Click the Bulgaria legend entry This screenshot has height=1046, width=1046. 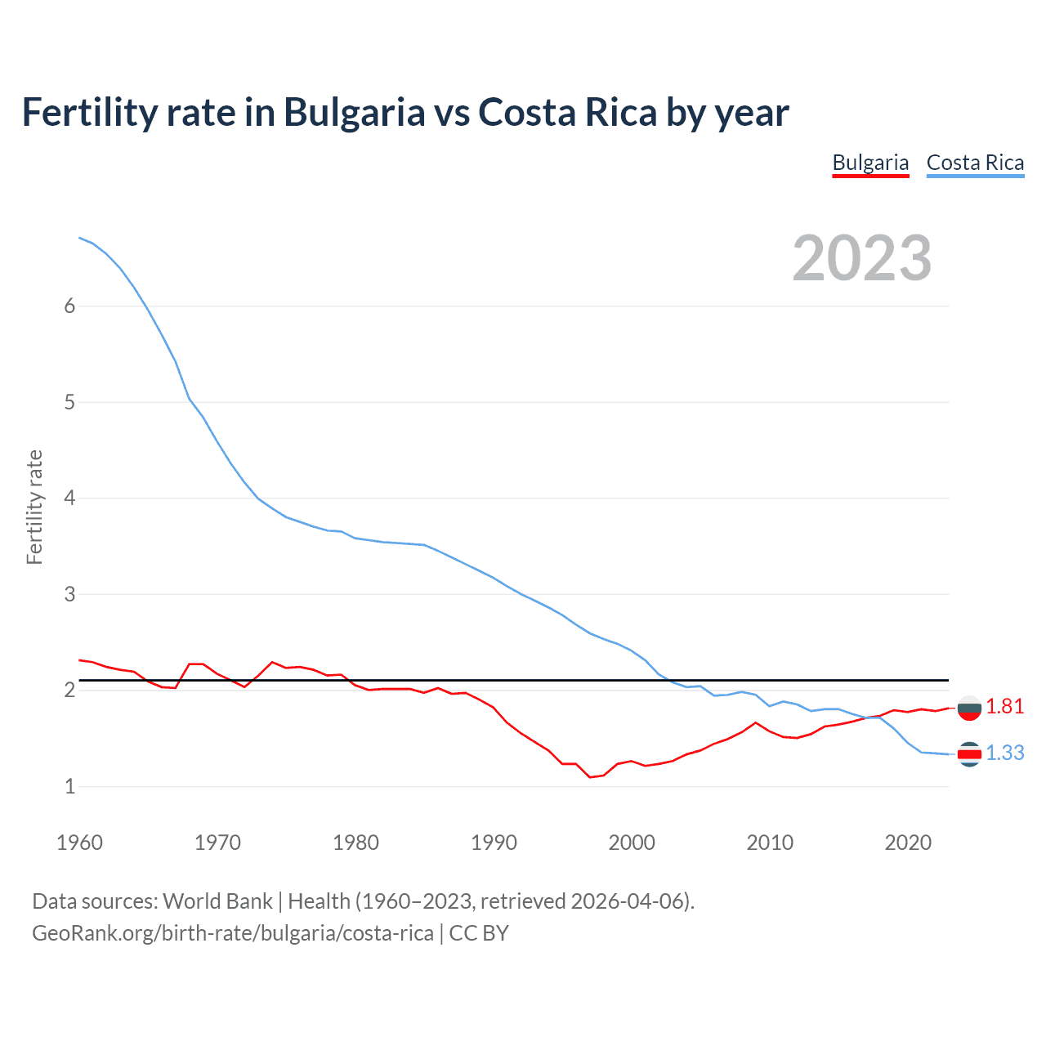point(870,163)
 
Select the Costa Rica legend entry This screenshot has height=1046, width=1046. point(975,163)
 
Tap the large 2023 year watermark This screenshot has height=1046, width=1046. point(862,258)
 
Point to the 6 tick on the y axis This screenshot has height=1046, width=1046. point(69,306)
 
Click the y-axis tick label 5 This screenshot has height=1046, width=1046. point(69,402)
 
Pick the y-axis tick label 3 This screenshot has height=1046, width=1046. point(69,594)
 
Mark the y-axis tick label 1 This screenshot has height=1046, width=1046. point(69,786)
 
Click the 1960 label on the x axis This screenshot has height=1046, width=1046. point(79,843)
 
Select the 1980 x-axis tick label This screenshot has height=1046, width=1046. point(355,843)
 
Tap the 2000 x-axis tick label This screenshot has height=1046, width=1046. point(632,843)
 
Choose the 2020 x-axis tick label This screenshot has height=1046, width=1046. point(908,843)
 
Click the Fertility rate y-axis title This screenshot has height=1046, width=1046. point(34,507)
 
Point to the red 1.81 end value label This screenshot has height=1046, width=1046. point(1004,707)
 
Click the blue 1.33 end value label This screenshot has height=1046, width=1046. point(1004,753)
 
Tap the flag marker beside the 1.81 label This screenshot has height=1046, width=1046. point(969,708)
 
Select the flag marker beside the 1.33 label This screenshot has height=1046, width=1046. point(969,754)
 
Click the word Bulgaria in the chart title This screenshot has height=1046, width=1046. point(354,112)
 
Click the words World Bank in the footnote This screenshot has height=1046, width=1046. point(217,901)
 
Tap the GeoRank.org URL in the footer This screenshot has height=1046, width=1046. point(233,933)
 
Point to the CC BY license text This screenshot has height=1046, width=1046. point(479,933)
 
